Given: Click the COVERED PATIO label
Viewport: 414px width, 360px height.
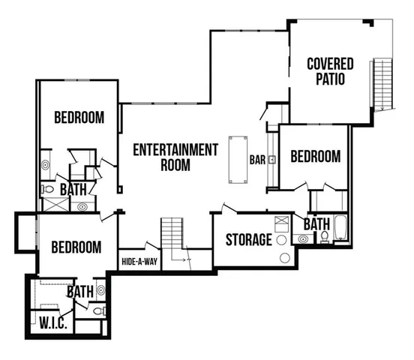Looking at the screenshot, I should [330, 71].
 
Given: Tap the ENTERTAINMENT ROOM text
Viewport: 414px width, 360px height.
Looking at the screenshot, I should [175, 157].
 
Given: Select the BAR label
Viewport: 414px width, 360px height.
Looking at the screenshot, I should [258, 160].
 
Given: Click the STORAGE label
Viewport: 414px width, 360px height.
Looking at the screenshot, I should [248, 240].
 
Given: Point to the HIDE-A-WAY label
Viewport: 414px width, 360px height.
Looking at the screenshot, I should [139, 262].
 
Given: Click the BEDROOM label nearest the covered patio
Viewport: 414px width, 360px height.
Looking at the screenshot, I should [315, 157].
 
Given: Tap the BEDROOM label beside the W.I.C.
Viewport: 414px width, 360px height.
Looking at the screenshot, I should [76, 247].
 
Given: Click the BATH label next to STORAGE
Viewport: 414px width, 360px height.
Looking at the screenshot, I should [316, 224].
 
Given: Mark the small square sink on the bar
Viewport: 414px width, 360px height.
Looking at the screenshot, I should [271, 159].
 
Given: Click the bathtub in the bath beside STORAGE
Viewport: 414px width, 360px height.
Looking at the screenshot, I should [340, 228].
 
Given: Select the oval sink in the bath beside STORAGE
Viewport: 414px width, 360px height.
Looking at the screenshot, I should [303, 238].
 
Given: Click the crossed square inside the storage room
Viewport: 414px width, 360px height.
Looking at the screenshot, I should [282, 223].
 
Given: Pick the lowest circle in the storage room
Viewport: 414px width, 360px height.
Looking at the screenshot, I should [284, 258].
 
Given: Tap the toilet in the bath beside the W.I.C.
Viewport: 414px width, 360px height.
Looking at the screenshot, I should [100, 310].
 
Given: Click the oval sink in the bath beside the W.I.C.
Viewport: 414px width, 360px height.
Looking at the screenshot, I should [100, 287].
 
